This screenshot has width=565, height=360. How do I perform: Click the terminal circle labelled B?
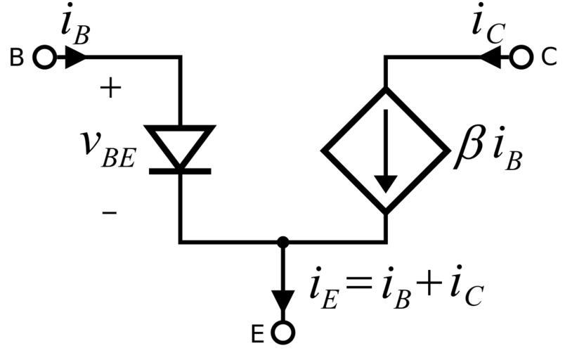pyautogui.click(x=44, y=58)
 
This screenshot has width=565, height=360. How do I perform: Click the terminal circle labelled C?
pyautogui.click(x=521, y=58)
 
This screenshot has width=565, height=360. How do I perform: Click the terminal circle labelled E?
pyautogui.click(x=283, y=332)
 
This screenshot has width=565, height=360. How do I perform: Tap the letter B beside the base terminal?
pyautogui.click(x=17, y=58)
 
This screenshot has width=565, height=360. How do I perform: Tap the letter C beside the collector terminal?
pyautogui.click(x=549, y=58)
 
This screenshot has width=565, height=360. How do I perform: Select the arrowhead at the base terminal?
pyautogui.click(x=74, y=58)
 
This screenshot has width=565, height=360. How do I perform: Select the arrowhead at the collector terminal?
pyautogui.click(x=491, y=58)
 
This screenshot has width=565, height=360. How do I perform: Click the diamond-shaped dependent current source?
pyautogui.click(x=385, y=150)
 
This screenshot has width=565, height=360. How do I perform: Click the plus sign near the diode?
pyautogui.click(x=112, y=88)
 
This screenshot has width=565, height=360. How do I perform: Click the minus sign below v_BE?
pyautogui.click(x=110, y=211)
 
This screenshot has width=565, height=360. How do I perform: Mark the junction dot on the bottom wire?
pyautogui.click(x=283, y=242)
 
